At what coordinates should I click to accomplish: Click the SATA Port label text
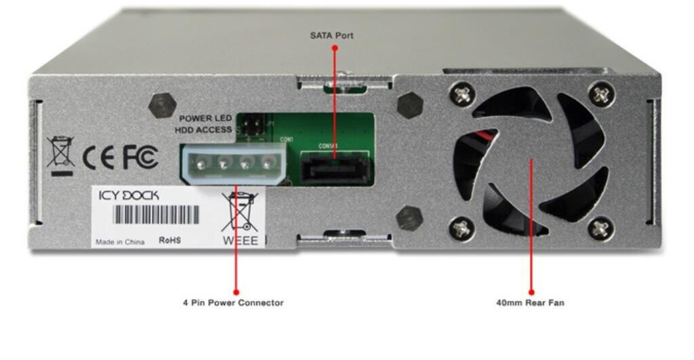pos(332,35)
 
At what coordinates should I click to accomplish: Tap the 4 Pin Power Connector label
pos(233,302)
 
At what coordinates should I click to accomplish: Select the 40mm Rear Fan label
pos(530,302)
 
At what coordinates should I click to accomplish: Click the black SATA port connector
pos(335,167)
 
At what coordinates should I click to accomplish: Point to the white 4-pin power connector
pos(230,163)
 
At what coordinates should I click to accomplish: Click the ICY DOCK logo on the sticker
pos(129,195)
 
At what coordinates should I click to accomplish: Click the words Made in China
pos(120,241)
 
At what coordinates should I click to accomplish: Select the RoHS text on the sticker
pos(169,240)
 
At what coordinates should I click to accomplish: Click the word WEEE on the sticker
pos(241,240)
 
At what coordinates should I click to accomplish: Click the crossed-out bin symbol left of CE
pos(61,153)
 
